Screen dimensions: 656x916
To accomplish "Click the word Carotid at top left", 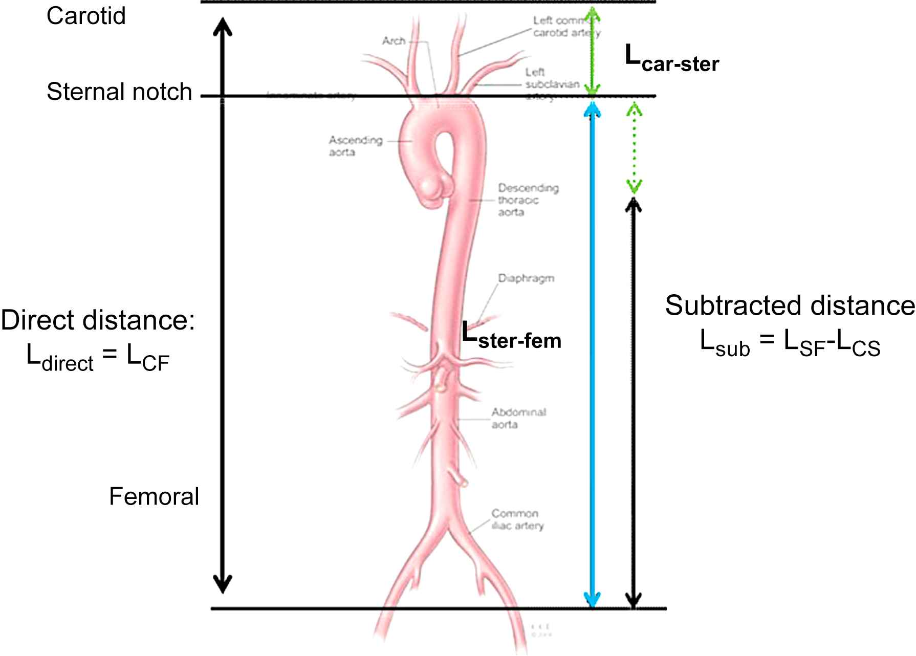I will point(86,16).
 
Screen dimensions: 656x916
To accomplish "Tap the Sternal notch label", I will point(119,92).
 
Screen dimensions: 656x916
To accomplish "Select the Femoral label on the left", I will point(154,496).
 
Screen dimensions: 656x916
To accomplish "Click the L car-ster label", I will point(672,59).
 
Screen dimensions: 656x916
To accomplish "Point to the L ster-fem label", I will point(511,337).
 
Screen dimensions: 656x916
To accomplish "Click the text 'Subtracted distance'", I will point(790,306).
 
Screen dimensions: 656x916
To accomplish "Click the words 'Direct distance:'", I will point(98,321).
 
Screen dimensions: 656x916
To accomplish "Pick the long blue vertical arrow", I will point(593,358).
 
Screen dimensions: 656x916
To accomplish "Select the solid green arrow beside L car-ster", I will point(593,51).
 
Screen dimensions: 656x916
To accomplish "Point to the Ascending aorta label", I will point(355,146).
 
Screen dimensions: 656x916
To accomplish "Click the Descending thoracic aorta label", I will point(528,200).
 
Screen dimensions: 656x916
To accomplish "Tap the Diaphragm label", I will point(526,278).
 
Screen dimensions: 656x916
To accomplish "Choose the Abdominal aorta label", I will point(518,418).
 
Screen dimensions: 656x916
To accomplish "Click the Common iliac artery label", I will point(517,519).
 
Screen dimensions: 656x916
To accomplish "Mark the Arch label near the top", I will point(394,40).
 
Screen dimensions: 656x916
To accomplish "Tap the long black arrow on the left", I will point(223,307).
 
